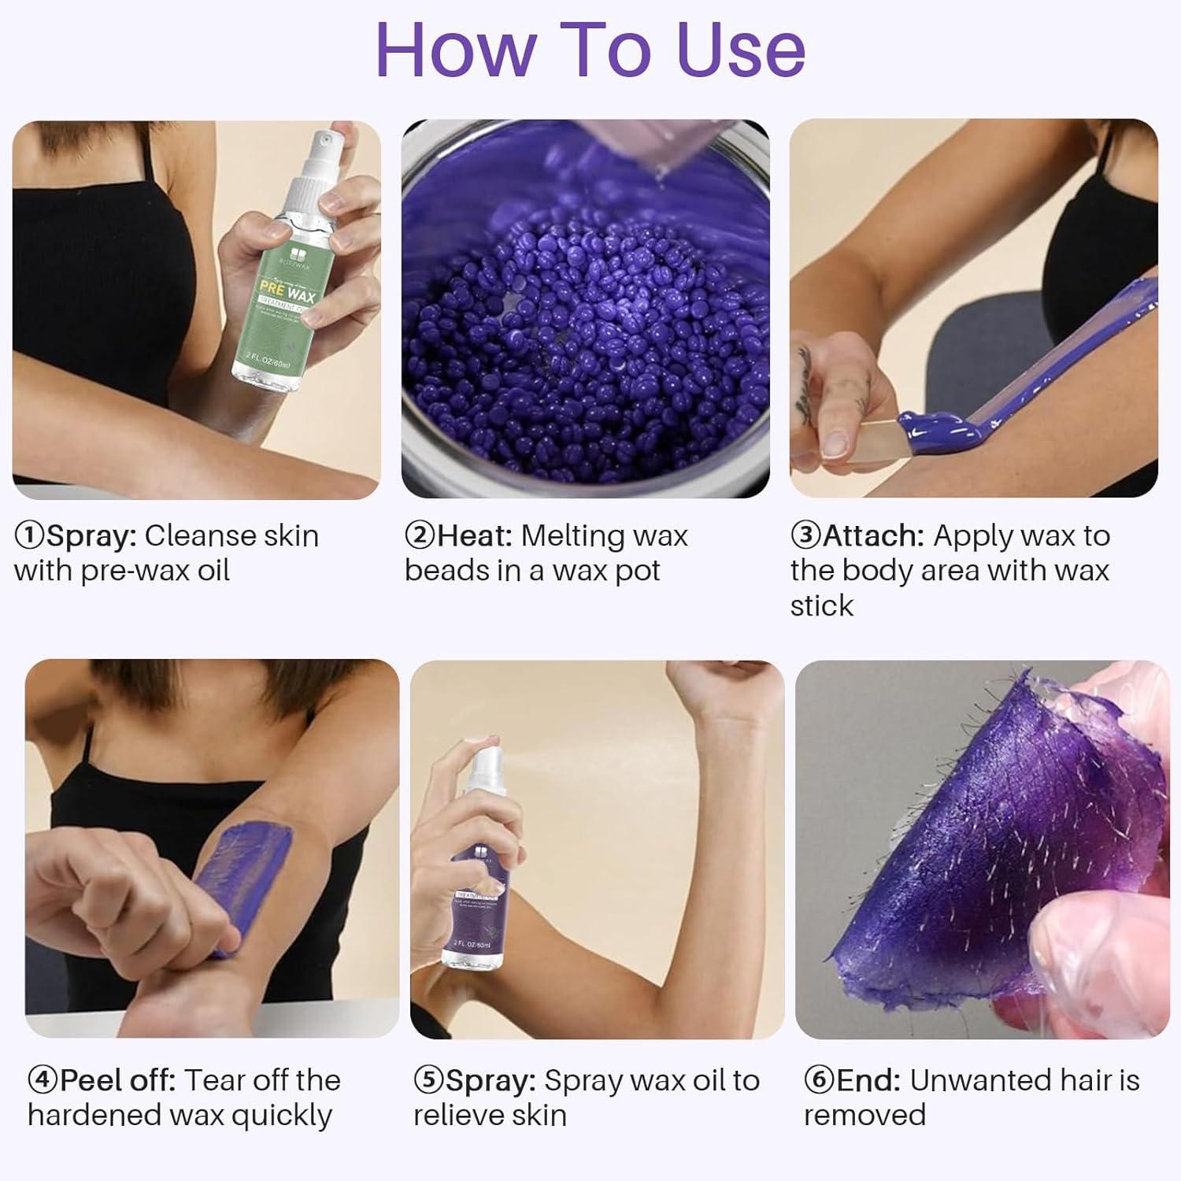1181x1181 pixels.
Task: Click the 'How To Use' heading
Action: tap(590, 50)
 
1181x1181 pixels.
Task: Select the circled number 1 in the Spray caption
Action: tap(29, 536)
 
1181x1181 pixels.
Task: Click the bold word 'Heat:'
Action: tap(475, 536)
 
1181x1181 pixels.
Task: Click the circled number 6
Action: tap(819, 1080)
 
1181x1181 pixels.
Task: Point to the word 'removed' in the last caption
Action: tap(864, 1116)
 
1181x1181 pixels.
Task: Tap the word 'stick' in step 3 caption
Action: tap(821, 605)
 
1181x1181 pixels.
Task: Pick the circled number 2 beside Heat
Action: tap(420, 536)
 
